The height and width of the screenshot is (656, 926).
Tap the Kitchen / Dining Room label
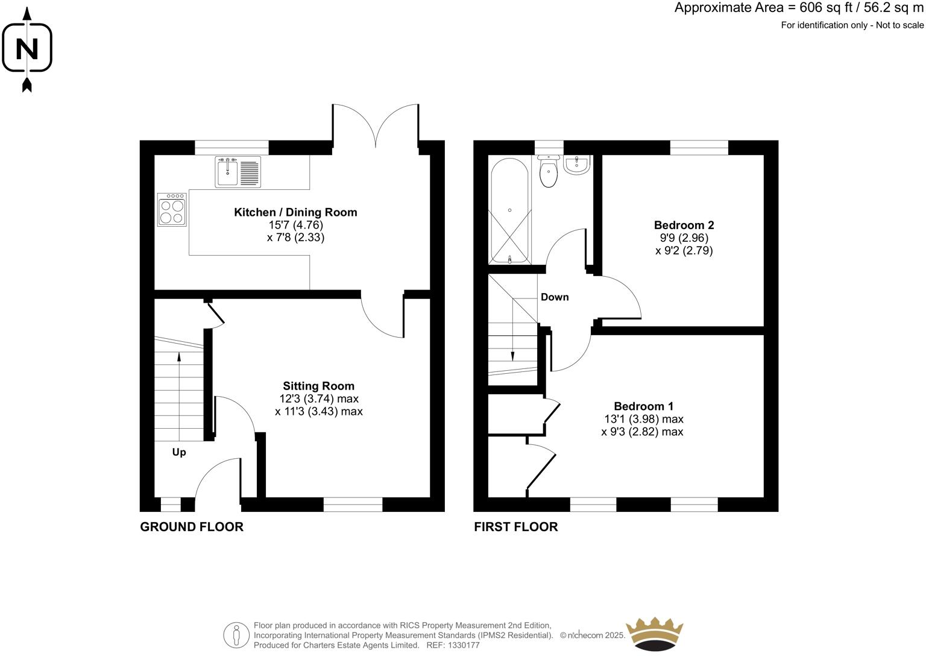[295, 212]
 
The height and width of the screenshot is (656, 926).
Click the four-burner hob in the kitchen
[172, 210]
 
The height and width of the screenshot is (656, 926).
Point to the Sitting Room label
[319, 386]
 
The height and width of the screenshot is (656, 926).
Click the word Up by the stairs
[179, 452]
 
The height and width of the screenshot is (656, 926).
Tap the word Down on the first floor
[554, 297]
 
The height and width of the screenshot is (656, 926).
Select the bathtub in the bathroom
[509, 210]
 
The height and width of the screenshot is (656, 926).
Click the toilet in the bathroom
[549, 171]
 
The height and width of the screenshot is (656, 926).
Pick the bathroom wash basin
[577, 165]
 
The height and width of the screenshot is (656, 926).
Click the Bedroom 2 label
[684, 225]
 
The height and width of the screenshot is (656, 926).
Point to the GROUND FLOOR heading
[192, 527]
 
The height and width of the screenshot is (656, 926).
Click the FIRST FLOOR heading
[516, 527]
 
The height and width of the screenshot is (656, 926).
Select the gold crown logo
[655, 634]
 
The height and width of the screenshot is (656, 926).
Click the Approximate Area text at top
[798, 8]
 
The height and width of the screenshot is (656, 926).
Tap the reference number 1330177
[461, 645]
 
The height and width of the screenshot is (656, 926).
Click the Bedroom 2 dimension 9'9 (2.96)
[684, 238]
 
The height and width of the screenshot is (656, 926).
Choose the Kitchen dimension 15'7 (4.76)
[295, 225]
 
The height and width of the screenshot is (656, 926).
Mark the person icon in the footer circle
[236, 635]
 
